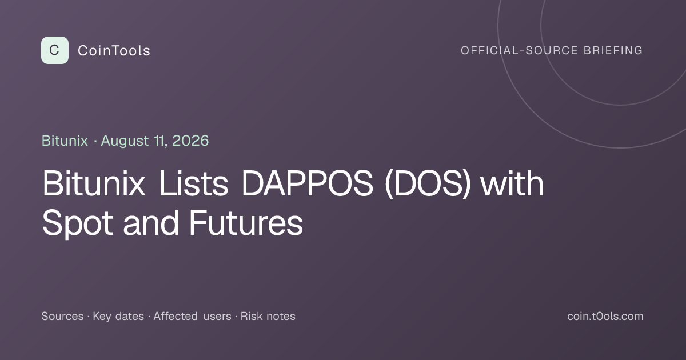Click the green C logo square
coord(55,50)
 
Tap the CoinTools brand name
coord(114,50)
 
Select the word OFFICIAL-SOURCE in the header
coord(519,50)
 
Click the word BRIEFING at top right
coord(613,50)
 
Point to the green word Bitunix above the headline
coord(65,141)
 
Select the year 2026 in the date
coord(190,141)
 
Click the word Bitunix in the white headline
coord(94,183)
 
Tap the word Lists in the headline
coord(194,183)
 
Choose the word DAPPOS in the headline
coord(307,183)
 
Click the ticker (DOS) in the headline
coord(428,183)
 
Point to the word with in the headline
coord(512,183)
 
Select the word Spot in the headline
coord(78,223)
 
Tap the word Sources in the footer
coord(62,316)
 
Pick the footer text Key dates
coord(118,317)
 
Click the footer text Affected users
coord(192,316)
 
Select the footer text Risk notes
coord(268,316)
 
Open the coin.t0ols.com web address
coord(605,316)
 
